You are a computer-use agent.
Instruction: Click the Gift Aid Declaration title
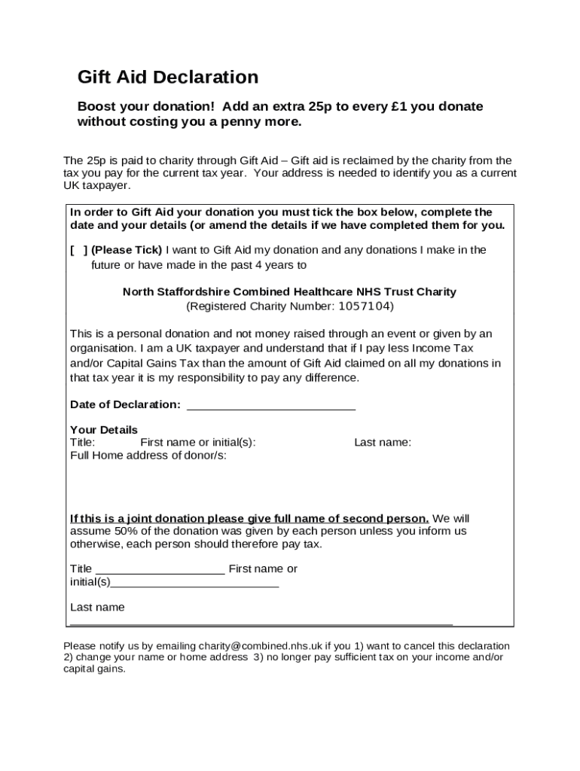coord(168,77)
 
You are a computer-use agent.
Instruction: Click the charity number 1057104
coord(365,306)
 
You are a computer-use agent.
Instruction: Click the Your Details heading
coord(104,430)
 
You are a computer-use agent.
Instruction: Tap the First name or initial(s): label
coord(198,443)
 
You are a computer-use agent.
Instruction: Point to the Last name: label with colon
coord(383,443)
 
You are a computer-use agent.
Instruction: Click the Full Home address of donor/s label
coord(148,456)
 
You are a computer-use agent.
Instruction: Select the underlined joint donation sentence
coord(249,519)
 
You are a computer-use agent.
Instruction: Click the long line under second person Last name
coord(261,623)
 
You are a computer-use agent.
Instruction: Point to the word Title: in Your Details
coord(83,443)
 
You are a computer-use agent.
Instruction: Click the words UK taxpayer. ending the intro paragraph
coord(96,185)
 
